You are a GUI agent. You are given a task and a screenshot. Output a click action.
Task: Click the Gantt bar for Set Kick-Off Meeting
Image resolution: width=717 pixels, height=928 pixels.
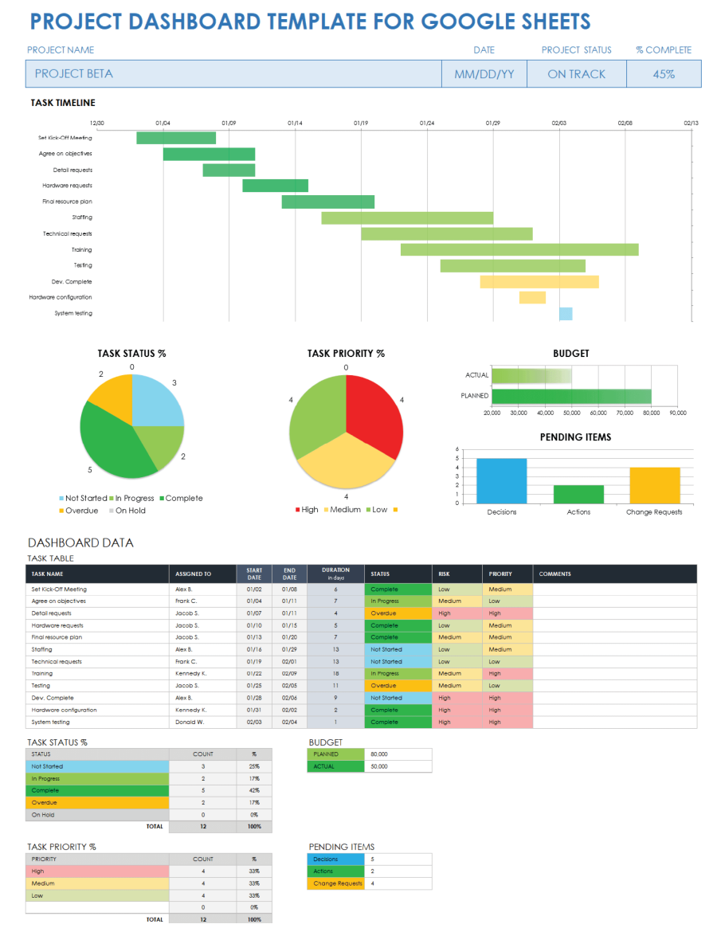click(176, 138)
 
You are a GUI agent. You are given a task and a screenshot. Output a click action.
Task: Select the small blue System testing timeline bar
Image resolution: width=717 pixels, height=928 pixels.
click(566, 314)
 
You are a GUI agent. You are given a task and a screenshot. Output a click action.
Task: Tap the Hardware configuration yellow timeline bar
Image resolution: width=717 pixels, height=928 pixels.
click(532, 298)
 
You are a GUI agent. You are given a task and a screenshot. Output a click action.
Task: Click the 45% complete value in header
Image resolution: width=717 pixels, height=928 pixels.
click(664, 74)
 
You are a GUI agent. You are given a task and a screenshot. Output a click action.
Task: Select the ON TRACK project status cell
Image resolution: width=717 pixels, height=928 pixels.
click(576, 74)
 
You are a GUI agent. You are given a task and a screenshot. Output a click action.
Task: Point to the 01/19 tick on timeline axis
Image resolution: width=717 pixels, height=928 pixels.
click(361, 123)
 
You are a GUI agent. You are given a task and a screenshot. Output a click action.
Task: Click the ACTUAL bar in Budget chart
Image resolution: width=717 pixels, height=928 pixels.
click(531, 375)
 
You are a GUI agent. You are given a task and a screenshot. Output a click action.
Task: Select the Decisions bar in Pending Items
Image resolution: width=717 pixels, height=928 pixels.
click(502, 480)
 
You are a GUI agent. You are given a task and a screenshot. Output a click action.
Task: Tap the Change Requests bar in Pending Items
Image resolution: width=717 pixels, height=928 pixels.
click(654, 485)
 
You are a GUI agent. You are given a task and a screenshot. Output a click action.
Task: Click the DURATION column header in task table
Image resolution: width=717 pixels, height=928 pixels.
click(335, 574)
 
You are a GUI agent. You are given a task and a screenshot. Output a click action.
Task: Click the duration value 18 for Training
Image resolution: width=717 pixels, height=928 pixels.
click(335, 674)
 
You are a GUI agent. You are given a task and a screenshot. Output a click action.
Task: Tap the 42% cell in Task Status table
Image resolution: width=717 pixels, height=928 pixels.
click(254, 791)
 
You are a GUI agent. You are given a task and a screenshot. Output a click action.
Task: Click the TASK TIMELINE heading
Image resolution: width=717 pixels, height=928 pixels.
click(63, 103)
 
